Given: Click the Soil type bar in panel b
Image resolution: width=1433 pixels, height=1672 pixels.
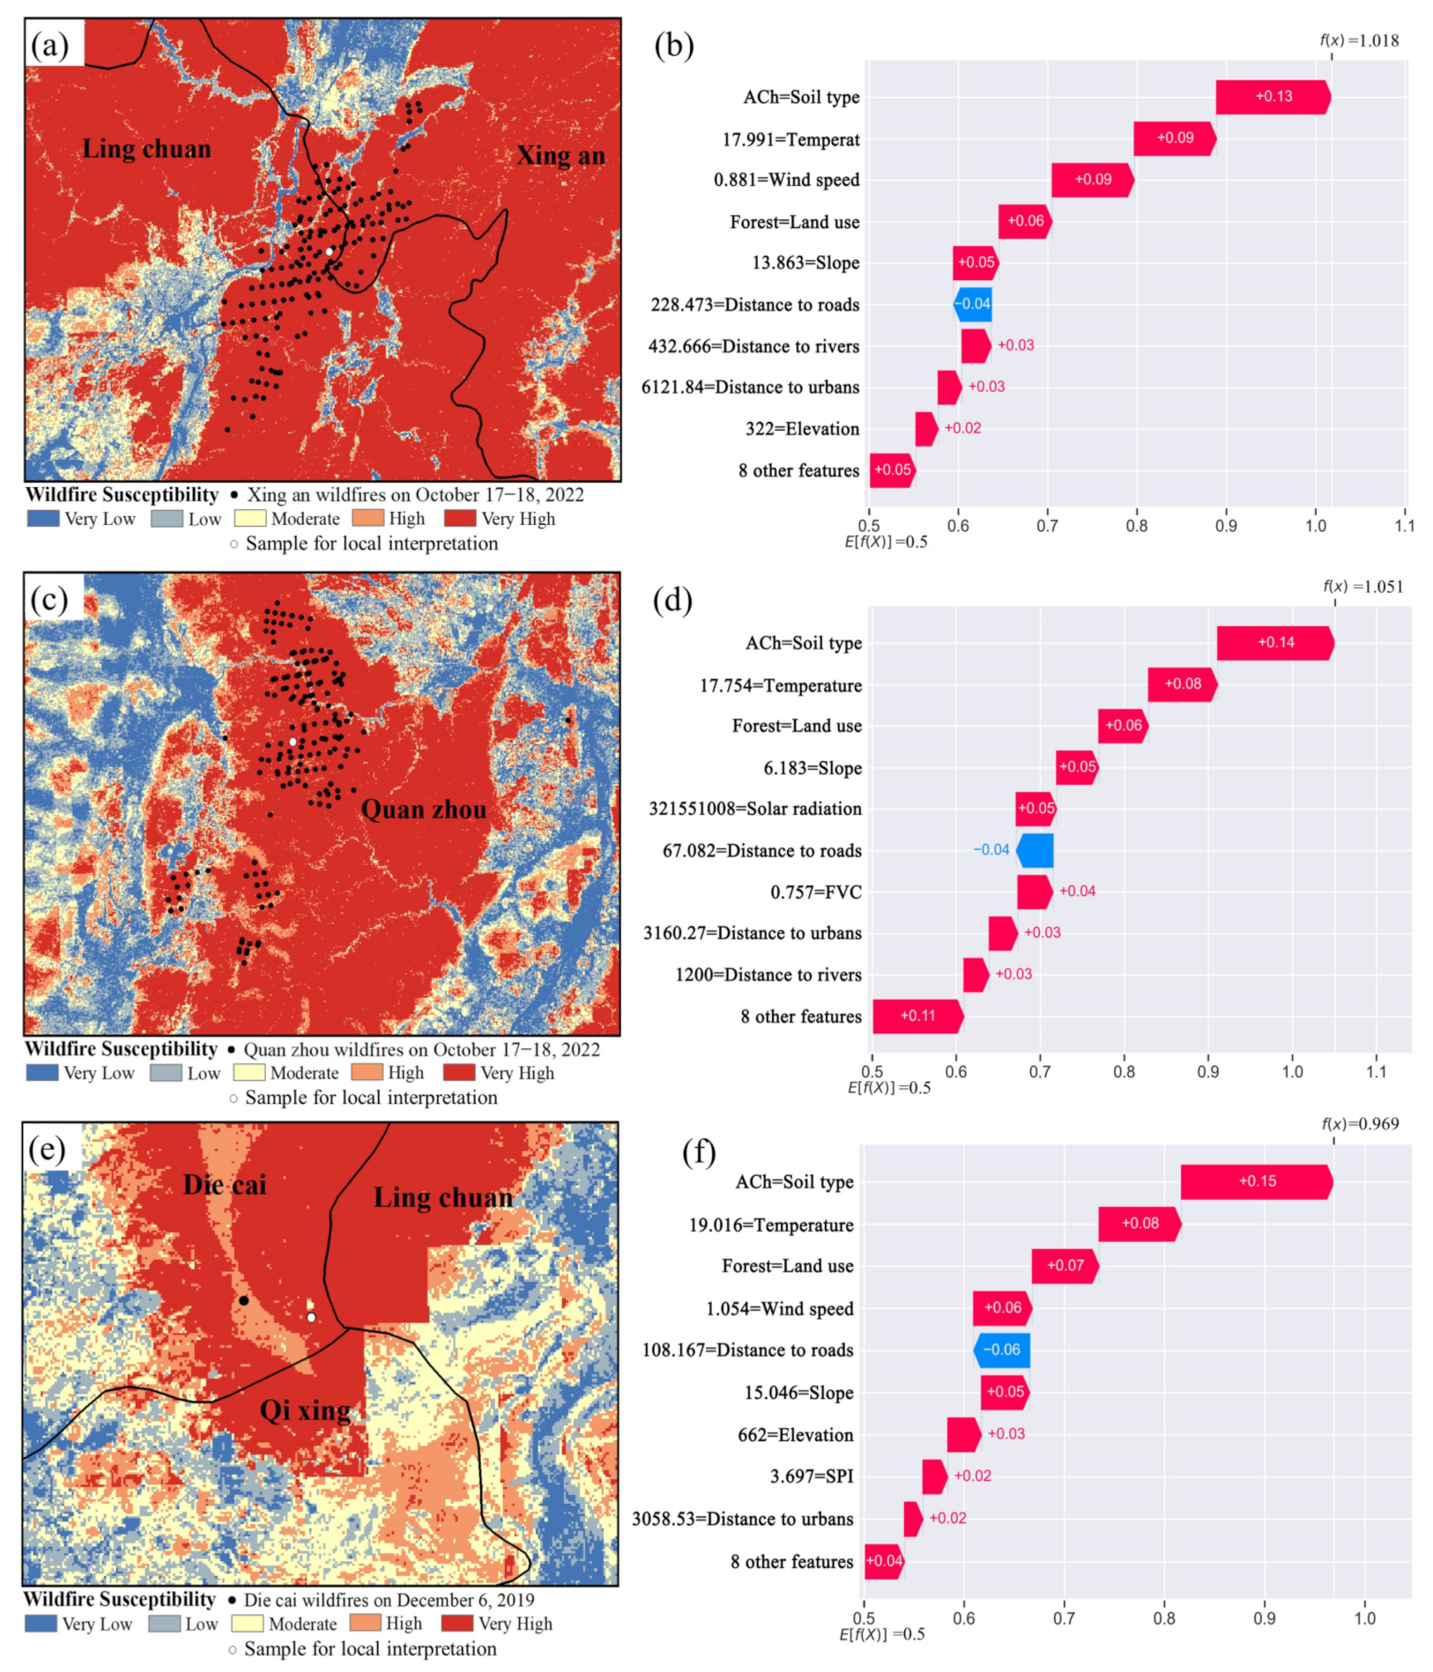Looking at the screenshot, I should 1272,97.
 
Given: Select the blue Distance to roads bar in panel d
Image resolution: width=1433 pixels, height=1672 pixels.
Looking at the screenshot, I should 1035,850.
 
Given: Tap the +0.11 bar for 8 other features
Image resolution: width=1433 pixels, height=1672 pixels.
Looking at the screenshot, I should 917,1016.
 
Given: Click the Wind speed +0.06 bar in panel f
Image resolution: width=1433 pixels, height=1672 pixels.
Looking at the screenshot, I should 1002,1307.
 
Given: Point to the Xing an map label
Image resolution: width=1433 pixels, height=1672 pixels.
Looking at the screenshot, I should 561,156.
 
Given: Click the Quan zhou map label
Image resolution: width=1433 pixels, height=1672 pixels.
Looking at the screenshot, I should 424,810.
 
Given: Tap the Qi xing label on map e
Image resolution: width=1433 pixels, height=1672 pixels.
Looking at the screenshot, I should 305,1411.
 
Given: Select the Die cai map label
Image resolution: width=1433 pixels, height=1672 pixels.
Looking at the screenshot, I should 225,1185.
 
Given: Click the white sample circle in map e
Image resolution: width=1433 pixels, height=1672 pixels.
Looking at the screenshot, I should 311,1318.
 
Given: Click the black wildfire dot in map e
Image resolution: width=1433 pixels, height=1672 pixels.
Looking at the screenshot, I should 243,1300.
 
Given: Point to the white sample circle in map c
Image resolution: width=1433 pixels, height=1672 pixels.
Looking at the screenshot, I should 293,742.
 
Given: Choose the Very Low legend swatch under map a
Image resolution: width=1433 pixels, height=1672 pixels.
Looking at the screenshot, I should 43,519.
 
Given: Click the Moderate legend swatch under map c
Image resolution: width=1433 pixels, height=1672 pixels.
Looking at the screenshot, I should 249,1073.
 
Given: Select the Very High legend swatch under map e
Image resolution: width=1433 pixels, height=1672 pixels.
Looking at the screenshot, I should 457,1623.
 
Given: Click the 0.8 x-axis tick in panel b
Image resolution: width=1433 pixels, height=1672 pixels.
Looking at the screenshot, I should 1136,526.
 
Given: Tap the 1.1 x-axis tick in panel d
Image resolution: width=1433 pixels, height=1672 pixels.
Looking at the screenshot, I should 1376,1072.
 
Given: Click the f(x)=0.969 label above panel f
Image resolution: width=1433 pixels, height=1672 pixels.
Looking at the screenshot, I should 1360,1123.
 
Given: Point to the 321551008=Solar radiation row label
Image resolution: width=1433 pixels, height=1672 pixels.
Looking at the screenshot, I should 754,809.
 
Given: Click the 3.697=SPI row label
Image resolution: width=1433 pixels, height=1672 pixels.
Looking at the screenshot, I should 811,1476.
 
